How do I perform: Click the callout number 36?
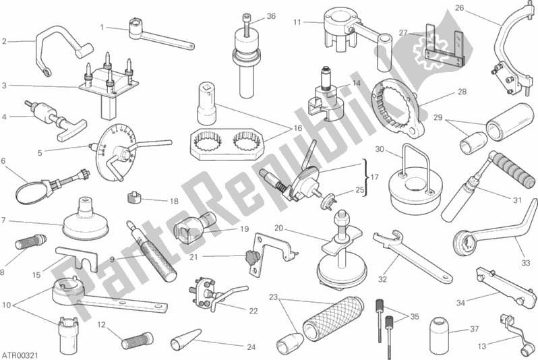tap(271, 16)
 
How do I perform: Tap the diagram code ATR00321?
tap(20, 355)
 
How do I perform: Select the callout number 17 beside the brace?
tap(374, 177)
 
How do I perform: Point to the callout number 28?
tap(462, 92)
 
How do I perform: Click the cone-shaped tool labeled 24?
tap(185, 338)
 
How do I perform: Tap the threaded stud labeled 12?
tap(137, 340)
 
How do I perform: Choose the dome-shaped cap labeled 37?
tap(440, 330)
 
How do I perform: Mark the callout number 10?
tap(7, 305)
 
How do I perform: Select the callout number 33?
tap(526, 263)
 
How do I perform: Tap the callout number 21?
tap(194, 257)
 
